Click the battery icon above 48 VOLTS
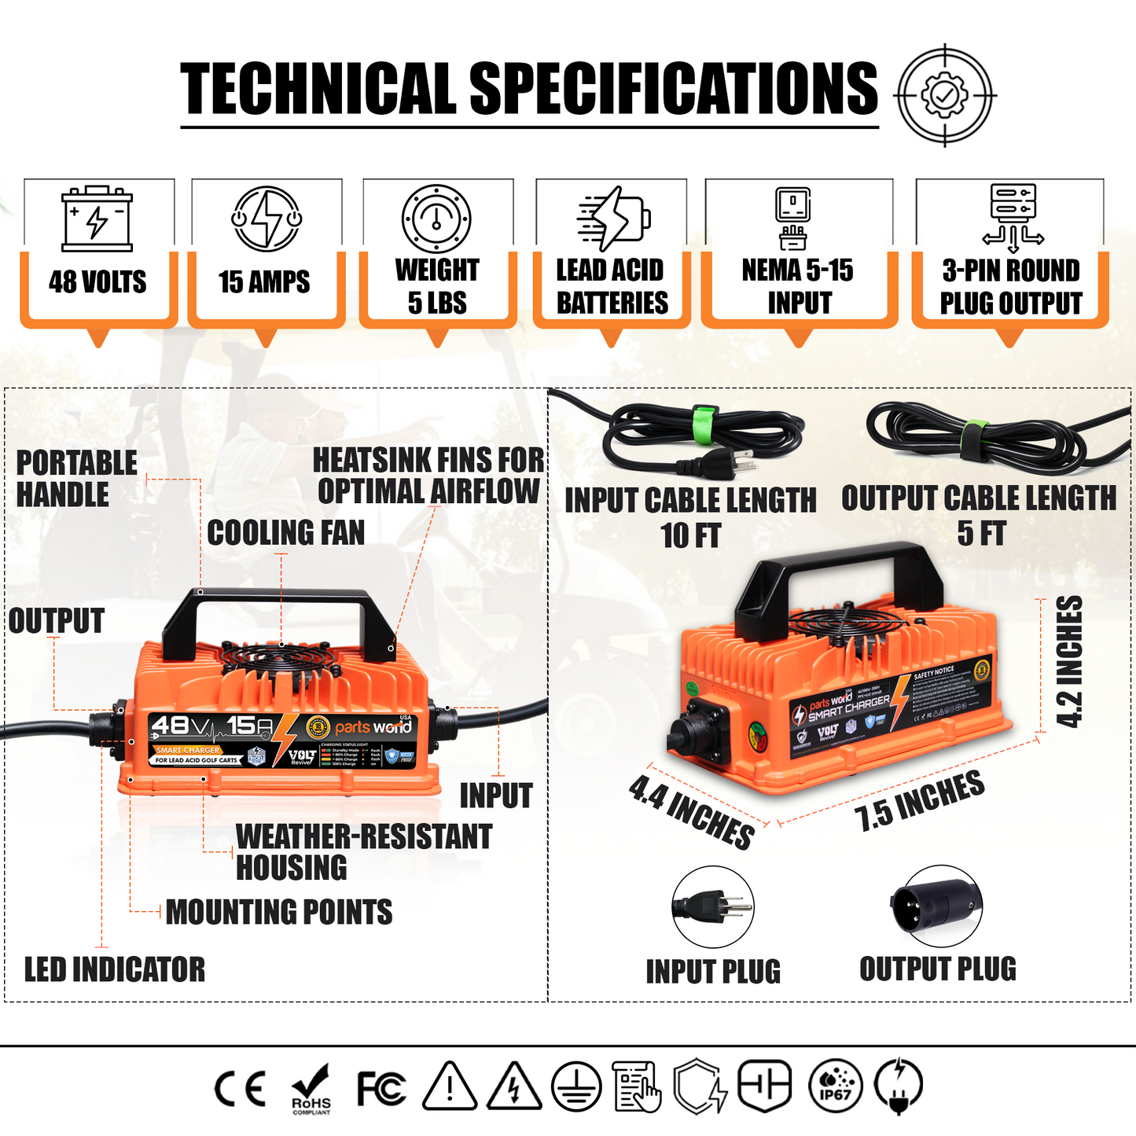pos(97,219)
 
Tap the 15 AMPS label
pos(264,282)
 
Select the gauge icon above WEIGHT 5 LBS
pos(436,219)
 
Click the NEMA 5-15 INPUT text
pos(798,286)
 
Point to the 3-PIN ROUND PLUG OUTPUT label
pos(1011,286)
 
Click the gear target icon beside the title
pos(945,94)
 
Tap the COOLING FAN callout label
pos(286,533)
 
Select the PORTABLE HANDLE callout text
pos(76,479)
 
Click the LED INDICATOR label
pos(115,969)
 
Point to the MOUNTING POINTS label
pos(279,912)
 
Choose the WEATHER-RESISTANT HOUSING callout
pos(363,852)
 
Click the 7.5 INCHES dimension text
pos(919,800)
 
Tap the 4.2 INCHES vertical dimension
pos(1069,662)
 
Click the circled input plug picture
pos(713,907)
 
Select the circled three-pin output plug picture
pos(936,907)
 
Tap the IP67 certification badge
pos(835,1086)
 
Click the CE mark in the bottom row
pos(241,1089)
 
